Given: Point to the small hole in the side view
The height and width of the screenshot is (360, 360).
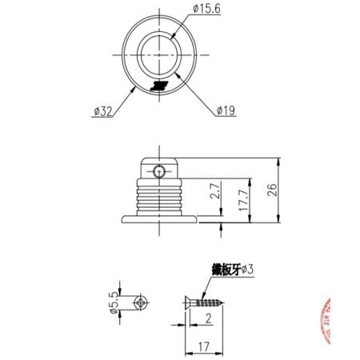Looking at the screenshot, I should pyautogui.click(x=160, y=170).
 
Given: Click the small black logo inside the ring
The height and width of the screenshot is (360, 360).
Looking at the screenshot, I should pyautogui.click(x=161, y=85).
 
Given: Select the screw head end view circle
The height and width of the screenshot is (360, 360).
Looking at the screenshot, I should pyautogui.click(x=141, y=304).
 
